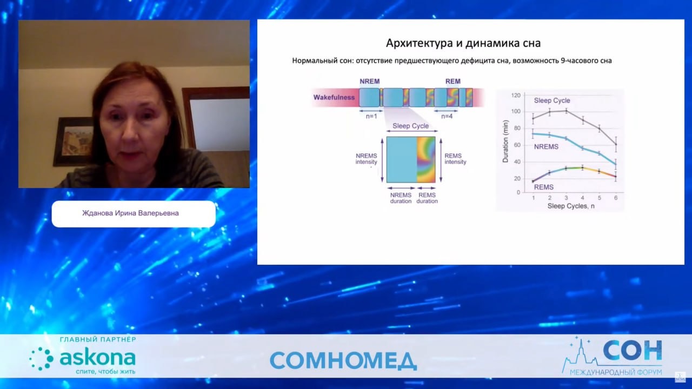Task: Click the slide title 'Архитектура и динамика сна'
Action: point(463,43)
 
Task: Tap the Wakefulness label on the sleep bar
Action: point(334,97)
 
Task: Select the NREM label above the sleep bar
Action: point(369,81)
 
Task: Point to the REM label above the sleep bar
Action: point(453,81)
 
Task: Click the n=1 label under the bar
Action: point(371,116)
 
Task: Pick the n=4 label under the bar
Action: point(447,116)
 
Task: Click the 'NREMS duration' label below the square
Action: point(401,198)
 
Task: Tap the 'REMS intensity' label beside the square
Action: point(455,159)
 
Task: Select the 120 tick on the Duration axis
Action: point(516,96)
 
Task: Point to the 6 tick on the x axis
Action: point(616,198)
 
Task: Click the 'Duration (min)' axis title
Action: point(505,142)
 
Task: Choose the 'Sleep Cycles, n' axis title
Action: point(571,206)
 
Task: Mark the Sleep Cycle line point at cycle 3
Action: point(566,111)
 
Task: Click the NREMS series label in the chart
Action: point(546,146)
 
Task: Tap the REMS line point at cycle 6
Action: point(616,177)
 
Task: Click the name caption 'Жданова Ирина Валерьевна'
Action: point(130,213)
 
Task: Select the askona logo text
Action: point(97,358)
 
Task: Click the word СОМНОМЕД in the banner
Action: point(343,360)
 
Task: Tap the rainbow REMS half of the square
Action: point(426,159)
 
